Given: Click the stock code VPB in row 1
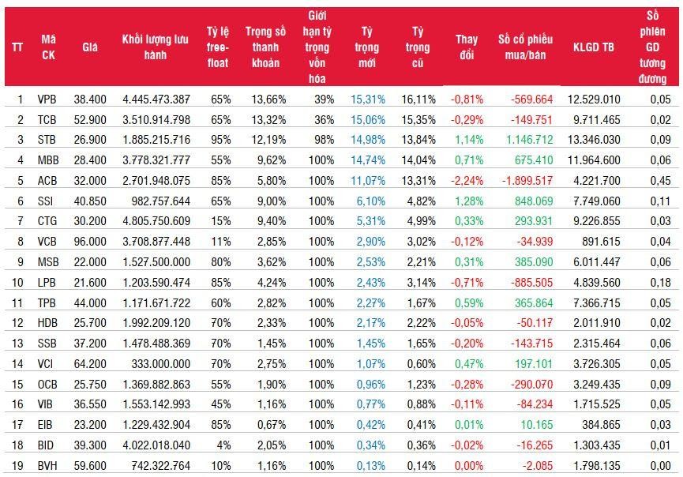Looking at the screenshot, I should tap(47, 99).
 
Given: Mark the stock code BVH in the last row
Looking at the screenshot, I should tap(47, 466).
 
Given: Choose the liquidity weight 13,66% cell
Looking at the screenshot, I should tap(268, 99).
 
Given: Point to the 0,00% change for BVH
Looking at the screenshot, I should tap(467, 466).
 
